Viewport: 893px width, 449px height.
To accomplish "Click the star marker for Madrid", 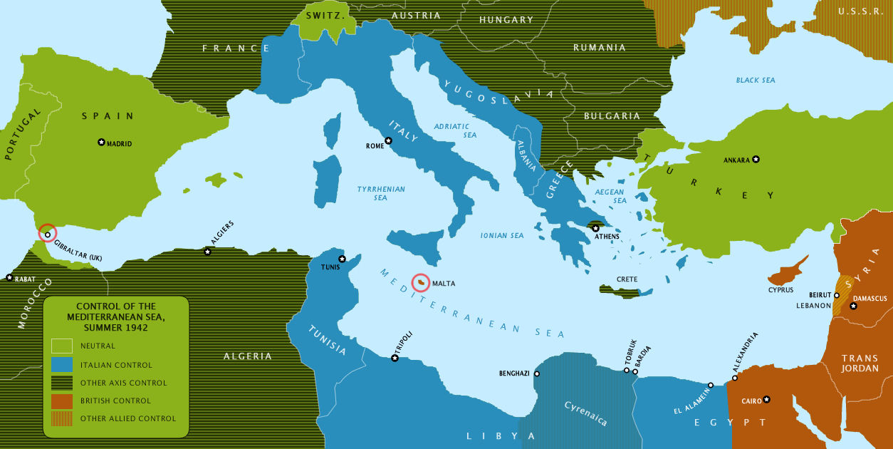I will tap(101, 143).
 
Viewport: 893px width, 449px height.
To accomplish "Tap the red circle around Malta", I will tap(421, 284).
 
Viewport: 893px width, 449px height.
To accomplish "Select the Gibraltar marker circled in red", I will tap(47, 234).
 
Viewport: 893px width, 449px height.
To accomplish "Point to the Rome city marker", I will tap(388, 140).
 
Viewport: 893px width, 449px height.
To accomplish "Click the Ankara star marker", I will tap(756, 159).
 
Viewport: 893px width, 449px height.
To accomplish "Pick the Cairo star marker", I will tap(766, 399).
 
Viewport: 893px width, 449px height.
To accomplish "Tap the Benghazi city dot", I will tap(536, 373).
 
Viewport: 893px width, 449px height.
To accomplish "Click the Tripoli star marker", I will tap(395, 358).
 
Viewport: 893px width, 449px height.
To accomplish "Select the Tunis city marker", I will tap(342, 259).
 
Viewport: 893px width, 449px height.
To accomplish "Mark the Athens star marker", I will tap(595, 228).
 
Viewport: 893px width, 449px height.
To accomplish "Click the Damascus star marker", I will tap(853, 306).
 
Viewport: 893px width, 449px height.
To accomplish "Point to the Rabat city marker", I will tap(9, 277).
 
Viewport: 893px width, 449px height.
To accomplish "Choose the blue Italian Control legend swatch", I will tap(62, 364).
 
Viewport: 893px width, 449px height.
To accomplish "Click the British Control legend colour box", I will tap(62, 401).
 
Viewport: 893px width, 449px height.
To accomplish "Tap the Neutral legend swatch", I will tap(62, 346).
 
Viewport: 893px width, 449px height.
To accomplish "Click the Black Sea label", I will tap(756, 80).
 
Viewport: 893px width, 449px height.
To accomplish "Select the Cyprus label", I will tap(780, 290).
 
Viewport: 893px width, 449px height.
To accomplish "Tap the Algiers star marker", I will tap(207, 252).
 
